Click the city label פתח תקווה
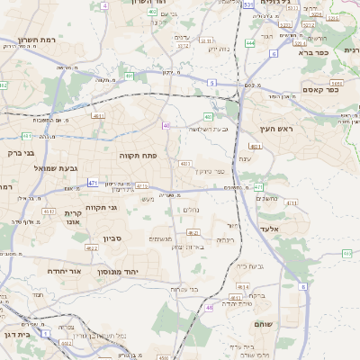[x=138, y=155]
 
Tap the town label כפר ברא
[x=334, y=52]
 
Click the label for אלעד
[x=293, y=230]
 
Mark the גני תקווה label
[x=97, y=208]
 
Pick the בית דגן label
[x=17, y=334]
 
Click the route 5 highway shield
[x=211, y=82]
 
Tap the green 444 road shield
[x=250, y=42]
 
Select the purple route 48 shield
[x=209, y=308]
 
